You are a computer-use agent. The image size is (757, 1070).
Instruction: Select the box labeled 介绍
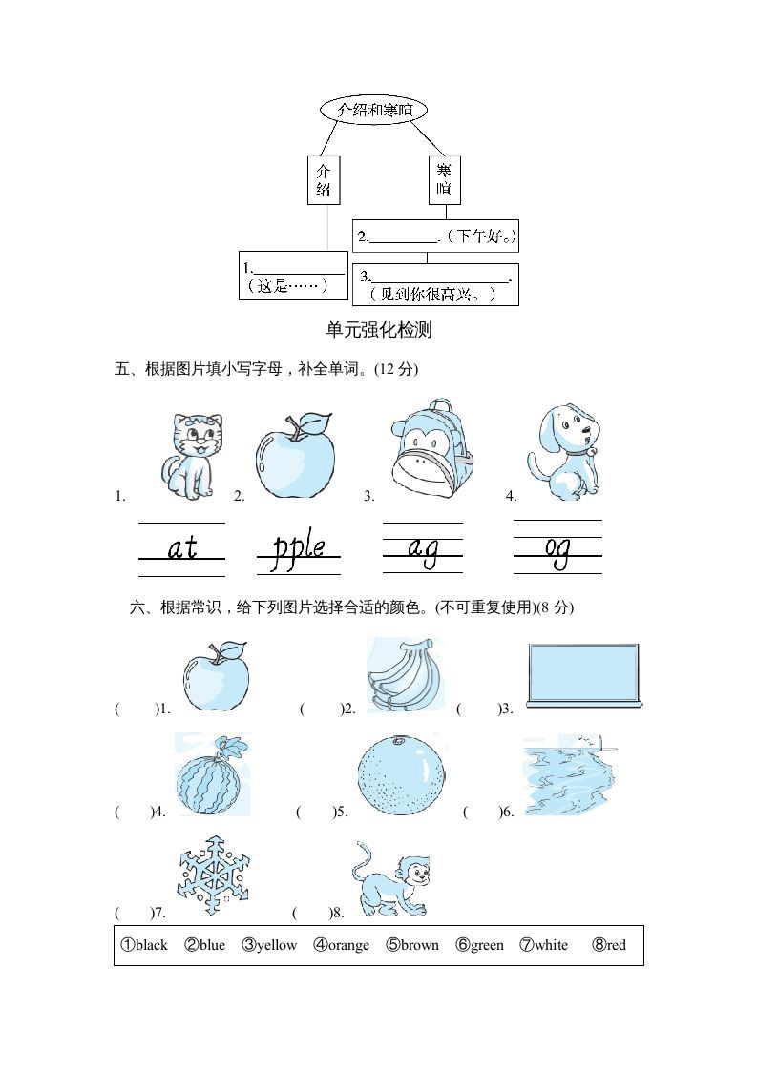pos(325,180)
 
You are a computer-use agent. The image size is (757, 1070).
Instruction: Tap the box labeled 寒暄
pos(444,180)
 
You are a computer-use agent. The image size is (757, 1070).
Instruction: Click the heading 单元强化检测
pos(378,330)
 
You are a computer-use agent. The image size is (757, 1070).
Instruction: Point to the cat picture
pos(192,456)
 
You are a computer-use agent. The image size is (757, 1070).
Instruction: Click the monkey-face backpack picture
pos(431,448)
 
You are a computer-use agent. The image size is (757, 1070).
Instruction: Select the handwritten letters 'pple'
pos(298,549)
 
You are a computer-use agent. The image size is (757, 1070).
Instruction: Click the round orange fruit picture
pos(402,773)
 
